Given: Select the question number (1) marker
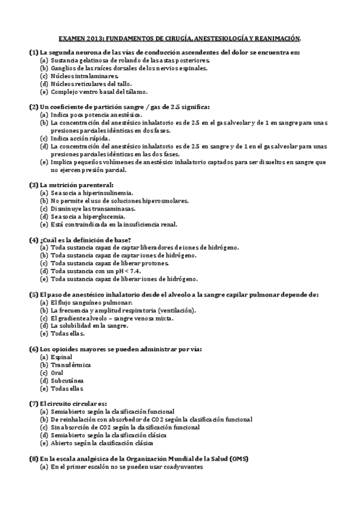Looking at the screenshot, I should [x=34, y=53].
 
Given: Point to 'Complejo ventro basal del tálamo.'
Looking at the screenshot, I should [x=99, y=92].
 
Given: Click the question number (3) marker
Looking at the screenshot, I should [x=34, y=185].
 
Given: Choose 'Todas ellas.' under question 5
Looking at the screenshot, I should [x=67, y=334].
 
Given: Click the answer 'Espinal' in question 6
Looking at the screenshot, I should [x=61, y=357].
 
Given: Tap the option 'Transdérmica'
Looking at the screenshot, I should [x=71, y=365].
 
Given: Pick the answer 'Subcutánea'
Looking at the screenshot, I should [x=67, y=381].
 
